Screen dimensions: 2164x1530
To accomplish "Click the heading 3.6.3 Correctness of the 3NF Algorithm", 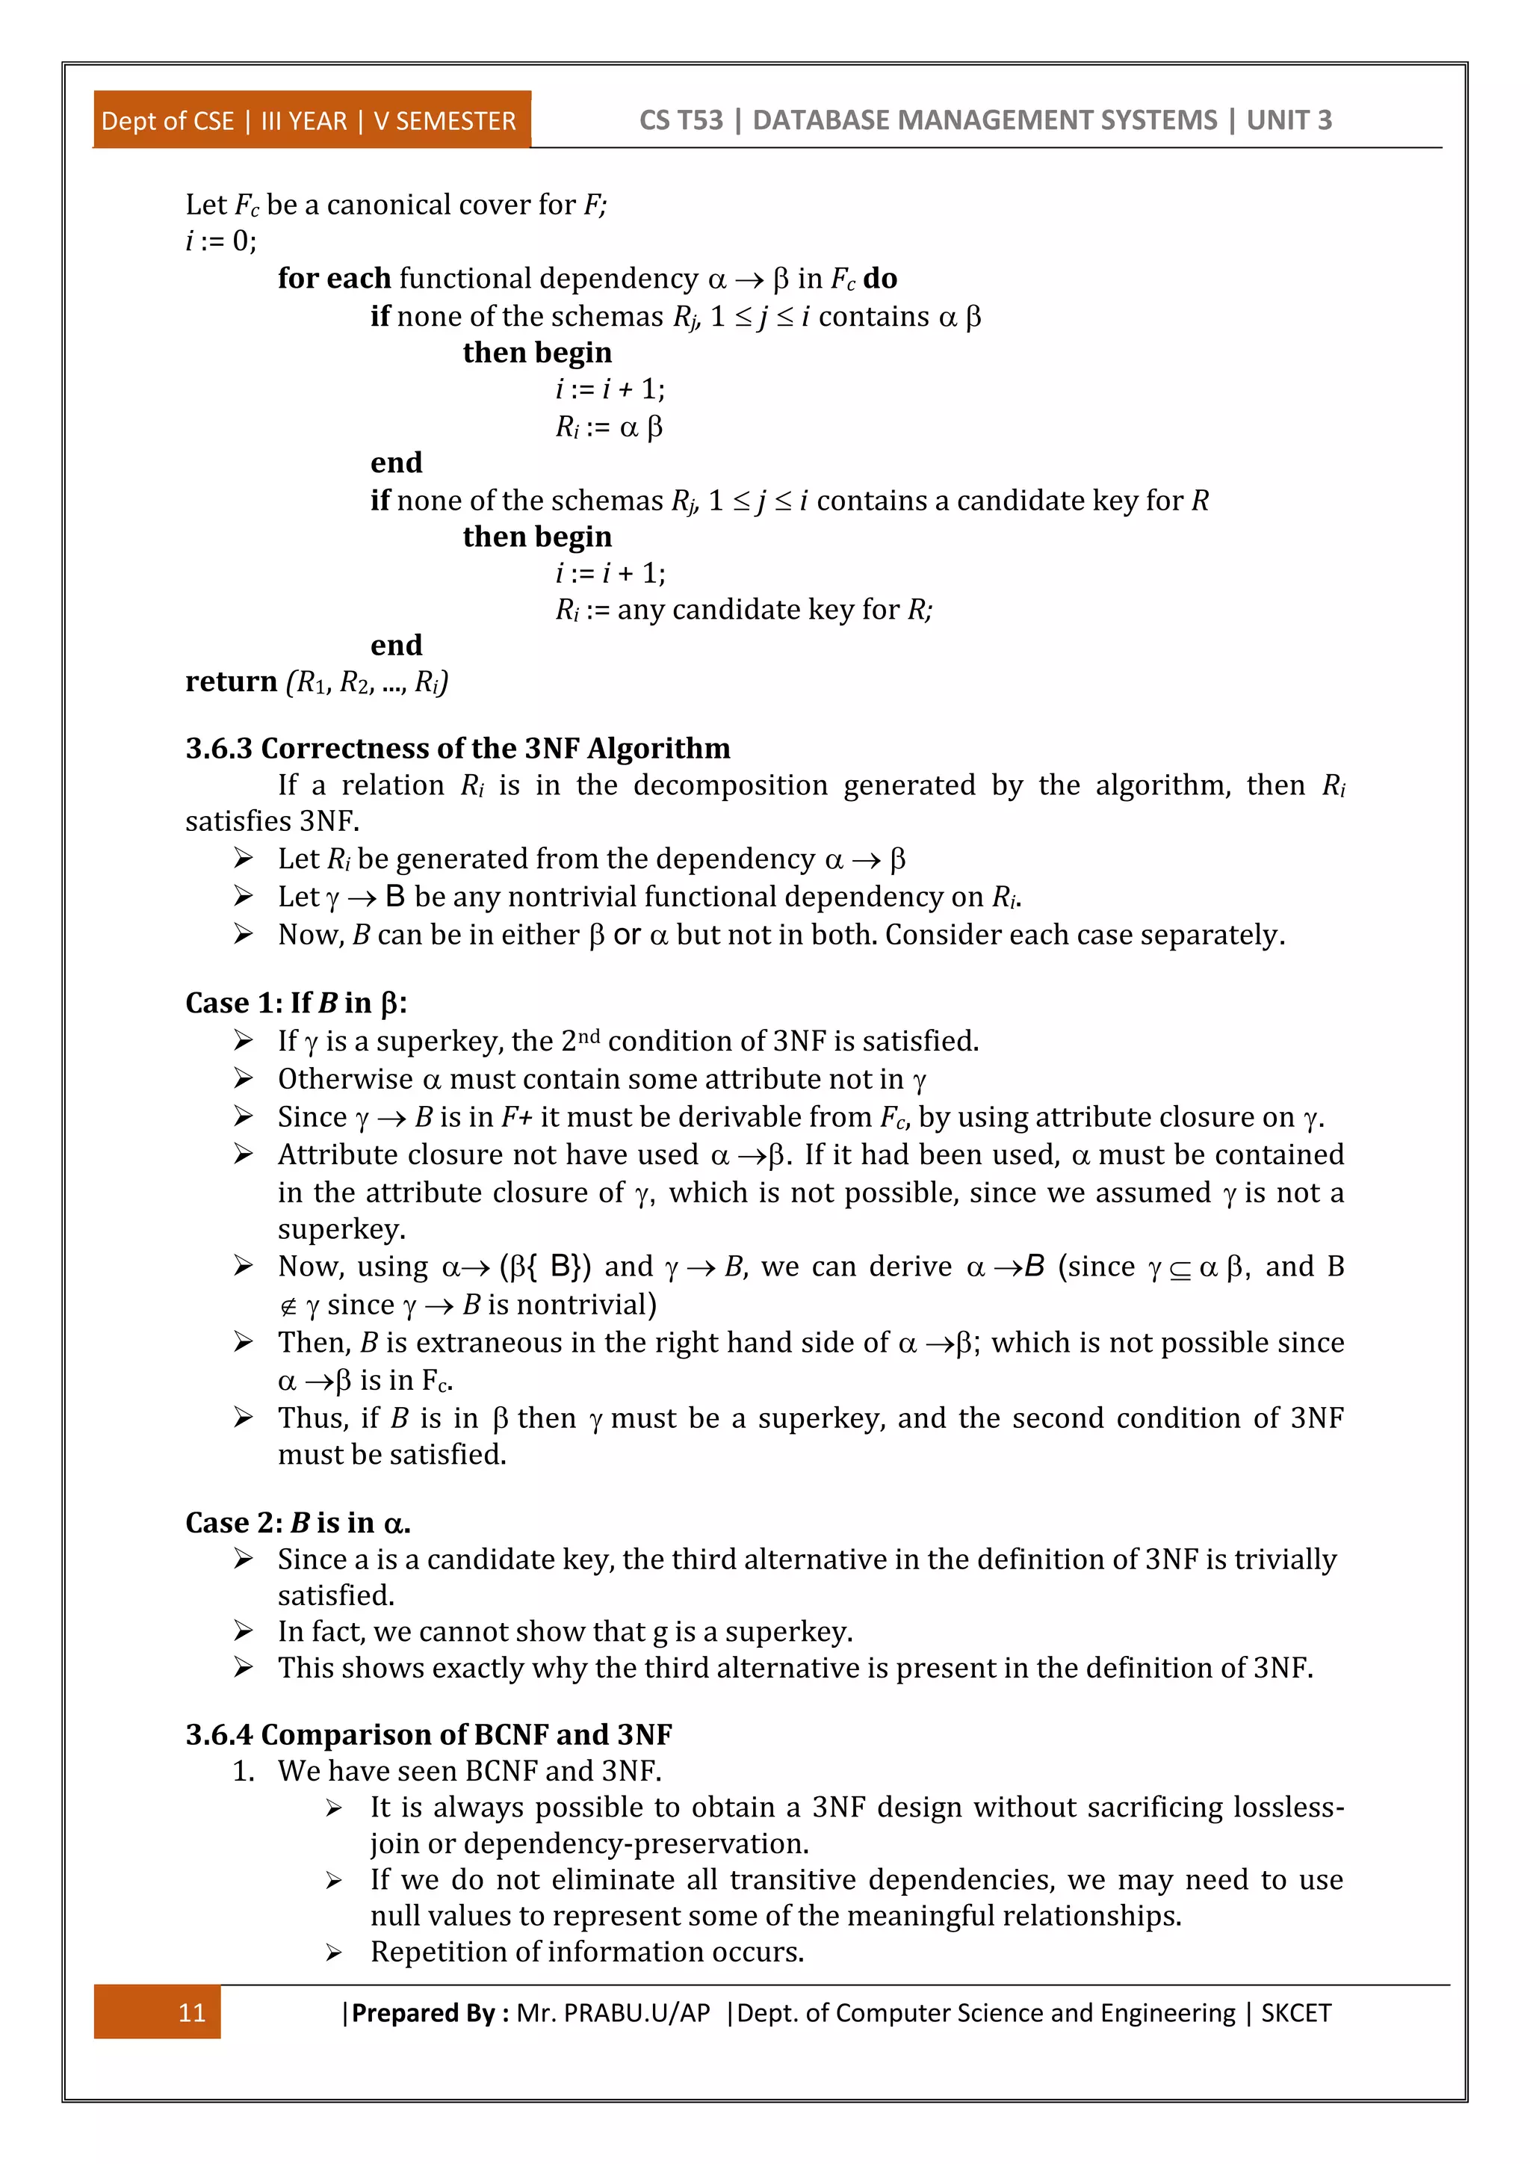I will point(457,748).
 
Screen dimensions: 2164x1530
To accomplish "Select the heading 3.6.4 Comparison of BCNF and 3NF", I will point(429,1734).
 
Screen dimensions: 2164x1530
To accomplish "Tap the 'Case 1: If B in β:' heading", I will point(296,1003).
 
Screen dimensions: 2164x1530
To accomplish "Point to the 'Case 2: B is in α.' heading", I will point(298,1522).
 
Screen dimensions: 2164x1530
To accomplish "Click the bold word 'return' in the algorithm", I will point(231,681).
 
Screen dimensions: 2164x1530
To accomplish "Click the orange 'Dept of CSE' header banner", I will point(310,120).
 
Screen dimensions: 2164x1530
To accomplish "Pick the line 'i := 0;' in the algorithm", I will point(220,241).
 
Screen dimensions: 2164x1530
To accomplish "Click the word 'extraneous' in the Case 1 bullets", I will point(487,1342).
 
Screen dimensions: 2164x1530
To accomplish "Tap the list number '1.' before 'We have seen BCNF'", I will point(244,1771).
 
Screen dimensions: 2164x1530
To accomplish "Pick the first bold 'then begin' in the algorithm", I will point(537,353).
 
